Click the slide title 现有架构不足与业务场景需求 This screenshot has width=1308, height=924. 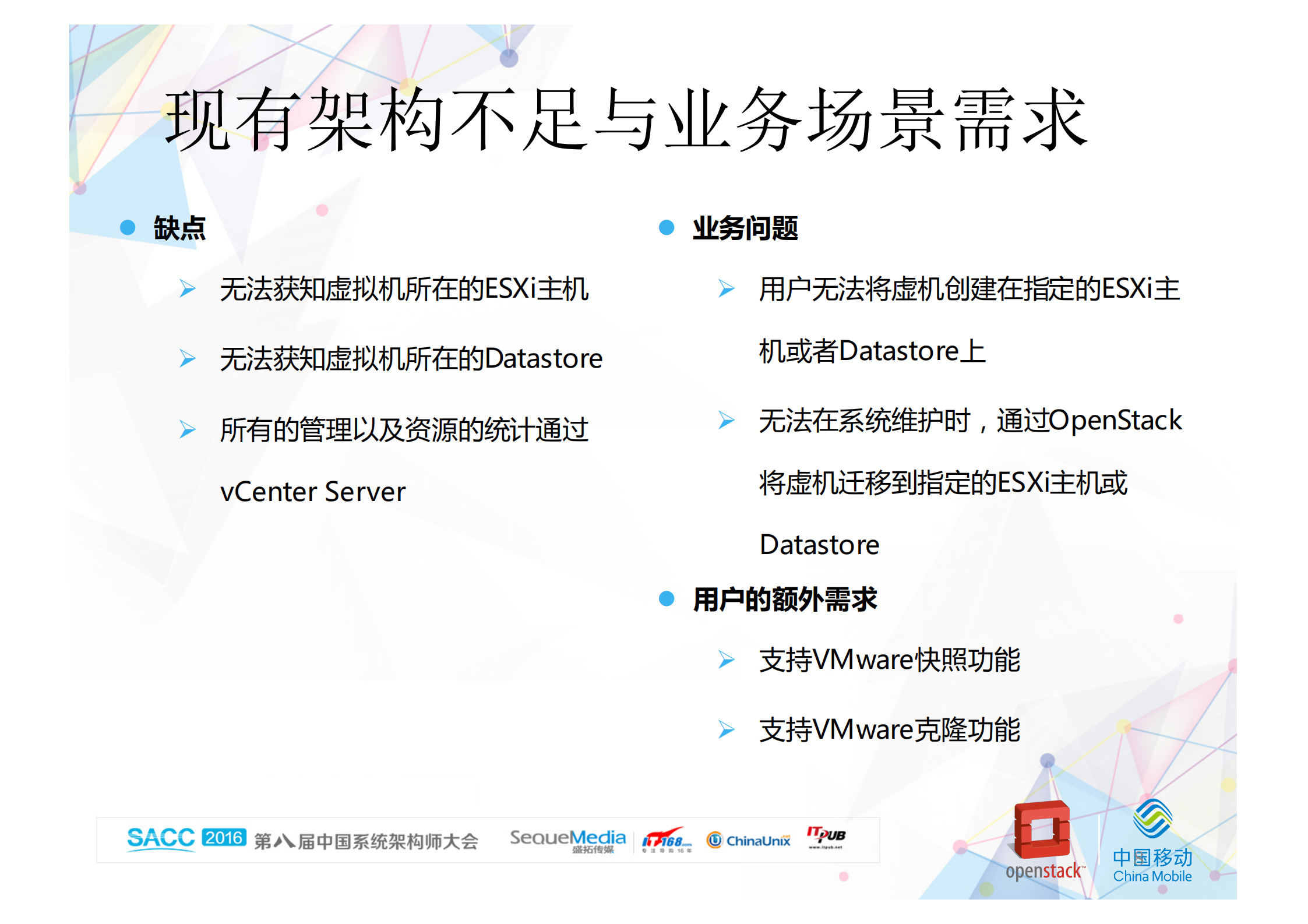click(x=626, y=119)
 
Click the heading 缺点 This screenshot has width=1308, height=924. click(x=179, y=228)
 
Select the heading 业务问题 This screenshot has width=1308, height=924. click(x=745, y=228)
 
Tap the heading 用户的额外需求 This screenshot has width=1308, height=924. click(x=785, y=599)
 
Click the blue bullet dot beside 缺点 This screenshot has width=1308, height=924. click(x=128, y=227)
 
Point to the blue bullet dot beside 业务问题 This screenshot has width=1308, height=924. click(x=667, y=227)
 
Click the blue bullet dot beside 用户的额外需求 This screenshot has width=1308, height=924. click(x=667, y=598)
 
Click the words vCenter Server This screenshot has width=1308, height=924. click(x=313, y=492)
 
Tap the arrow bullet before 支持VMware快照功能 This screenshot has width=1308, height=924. click(x=726, y=660)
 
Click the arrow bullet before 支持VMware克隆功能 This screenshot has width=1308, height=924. click(x=726, y=729)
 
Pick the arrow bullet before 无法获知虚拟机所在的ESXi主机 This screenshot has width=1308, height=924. click(x=187, y=288)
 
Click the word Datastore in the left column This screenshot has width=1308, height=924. click(x=544, y=359)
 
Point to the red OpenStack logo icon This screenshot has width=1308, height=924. click(x=1042, y=830)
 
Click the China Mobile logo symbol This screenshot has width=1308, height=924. click(x=1152, y=819)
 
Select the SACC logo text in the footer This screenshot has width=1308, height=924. click(x=161, y=838)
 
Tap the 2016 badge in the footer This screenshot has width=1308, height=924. click(x=224, y=838)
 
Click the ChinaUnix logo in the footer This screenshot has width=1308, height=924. click(x=749, y=840)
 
